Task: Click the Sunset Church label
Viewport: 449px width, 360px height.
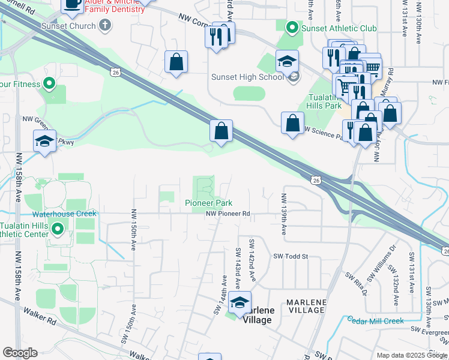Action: [x=68, y=26]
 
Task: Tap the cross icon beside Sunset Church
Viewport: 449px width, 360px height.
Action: [x=106, y=25]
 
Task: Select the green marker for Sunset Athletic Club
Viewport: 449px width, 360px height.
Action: [x=292, y=28]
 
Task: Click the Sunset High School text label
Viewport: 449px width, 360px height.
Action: [x=247, y=77]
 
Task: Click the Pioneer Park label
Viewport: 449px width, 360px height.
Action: [x=208, y=203]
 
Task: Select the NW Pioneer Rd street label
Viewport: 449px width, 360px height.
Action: [x=228, y=214]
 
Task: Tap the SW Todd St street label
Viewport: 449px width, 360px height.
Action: [x=291, y=256]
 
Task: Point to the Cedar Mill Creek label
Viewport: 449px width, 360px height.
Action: [x=376, y=320]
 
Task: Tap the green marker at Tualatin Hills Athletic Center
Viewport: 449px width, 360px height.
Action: [x=58, y=229]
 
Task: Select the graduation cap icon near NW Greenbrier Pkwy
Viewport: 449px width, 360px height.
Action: [x=44, y=141]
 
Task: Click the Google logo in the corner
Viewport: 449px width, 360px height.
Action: [x=20, y=352]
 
